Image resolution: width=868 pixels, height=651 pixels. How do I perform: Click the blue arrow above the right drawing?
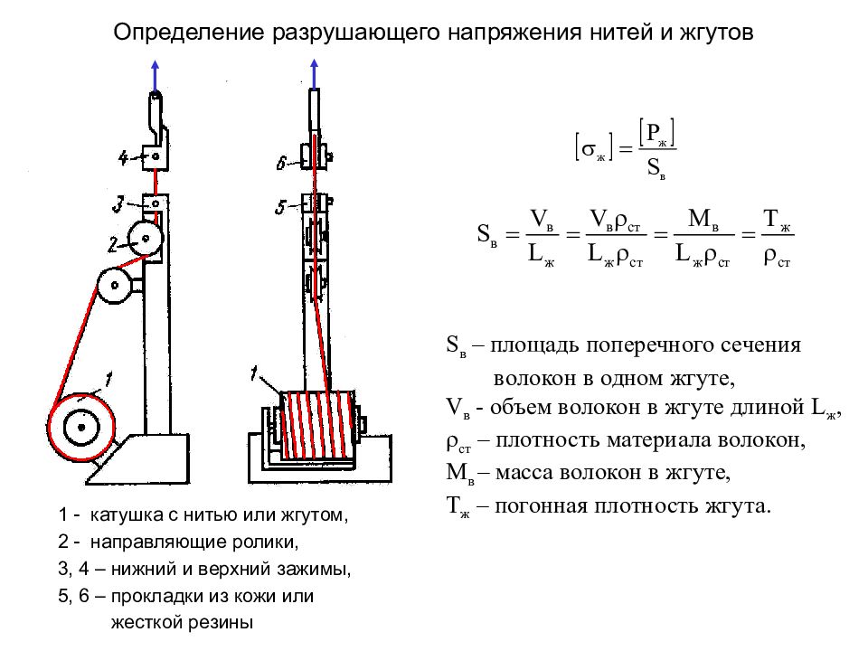pos(314,72)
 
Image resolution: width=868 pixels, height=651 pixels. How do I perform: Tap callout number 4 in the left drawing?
pos(124,159)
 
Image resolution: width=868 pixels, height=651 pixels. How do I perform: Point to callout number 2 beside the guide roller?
pos(114,242)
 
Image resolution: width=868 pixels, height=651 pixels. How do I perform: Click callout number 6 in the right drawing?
pos(281,163)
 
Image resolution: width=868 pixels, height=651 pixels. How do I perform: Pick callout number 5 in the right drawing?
pos(280,208)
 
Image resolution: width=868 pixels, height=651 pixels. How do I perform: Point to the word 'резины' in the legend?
pos(221,622)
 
